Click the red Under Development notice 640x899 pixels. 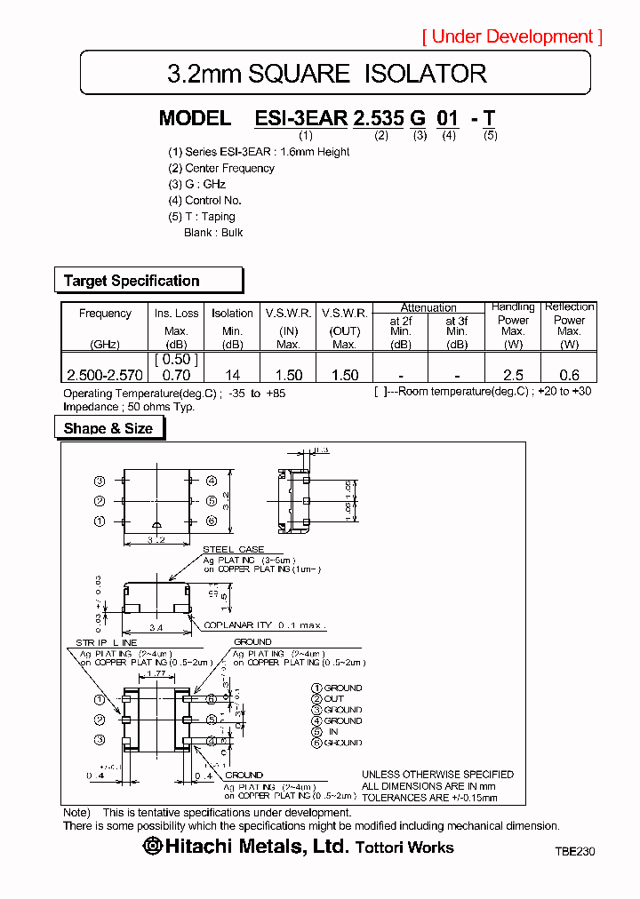point(512,36)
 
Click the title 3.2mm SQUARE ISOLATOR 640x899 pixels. point(327,74)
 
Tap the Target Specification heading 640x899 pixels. point(132,281)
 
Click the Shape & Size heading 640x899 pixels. point(108,428)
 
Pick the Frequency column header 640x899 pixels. point(105,314)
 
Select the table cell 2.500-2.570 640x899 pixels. point(105,376)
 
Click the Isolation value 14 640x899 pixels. point(232,376)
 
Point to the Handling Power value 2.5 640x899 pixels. point(513,376)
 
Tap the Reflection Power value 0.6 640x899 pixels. point(569,376)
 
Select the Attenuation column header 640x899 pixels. point(428,307)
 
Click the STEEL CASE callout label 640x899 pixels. point(233,550)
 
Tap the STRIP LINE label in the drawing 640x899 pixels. point(106,641)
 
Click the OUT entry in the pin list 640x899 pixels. point(333,699)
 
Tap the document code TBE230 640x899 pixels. point(574,851)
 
